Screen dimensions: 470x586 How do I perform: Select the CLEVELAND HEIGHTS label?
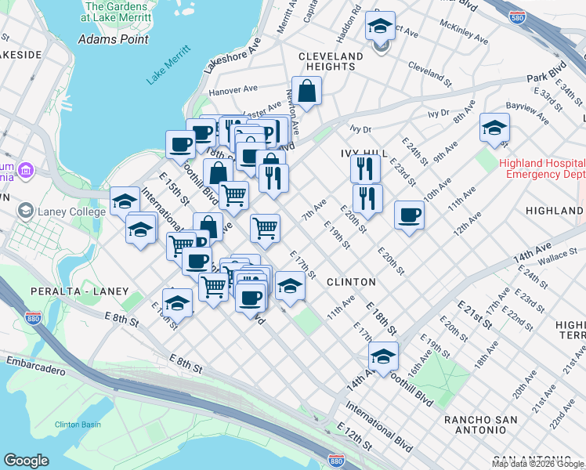331,61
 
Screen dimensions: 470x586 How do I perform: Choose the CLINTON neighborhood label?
351,281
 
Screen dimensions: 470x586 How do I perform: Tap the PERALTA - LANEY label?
79,291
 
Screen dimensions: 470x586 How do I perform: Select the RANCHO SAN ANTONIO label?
480,425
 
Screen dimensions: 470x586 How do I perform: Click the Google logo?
26,461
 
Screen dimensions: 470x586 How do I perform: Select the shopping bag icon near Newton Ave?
307,90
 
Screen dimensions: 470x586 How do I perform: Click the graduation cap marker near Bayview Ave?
494,128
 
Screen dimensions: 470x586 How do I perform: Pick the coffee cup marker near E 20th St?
409,214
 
